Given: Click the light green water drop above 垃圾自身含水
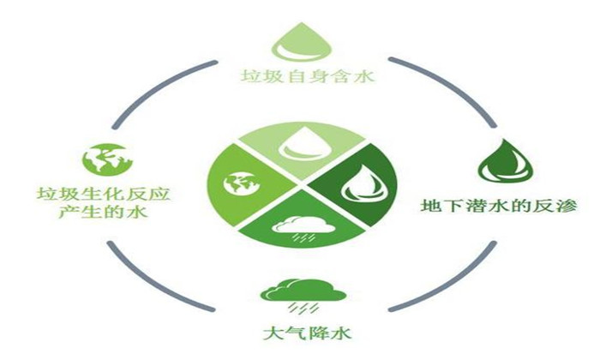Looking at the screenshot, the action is pos(301,42).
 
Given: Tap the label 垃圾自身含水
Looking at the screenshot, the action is pos(307,76).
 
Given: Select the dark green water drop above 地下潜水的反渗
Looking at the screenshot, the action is pos(505,160).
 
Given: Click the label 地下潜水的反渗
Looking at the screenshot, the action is pos(499,206).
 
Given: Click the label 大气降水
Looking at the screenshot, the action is pos(307,333).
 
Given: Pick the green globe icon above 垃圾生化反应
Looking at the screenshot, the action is pos(108,160).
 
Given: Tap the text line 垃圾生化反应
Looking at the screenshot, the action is pos(104,194).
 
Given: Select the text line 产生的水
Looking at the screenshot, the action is pos(104,212).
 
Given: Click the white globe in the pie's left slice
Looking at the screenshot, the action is pos(241,183).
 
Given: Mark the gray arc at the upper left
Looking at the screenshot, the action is pos(157,85).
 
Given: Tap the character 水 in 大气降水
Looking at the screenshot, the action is pos(341,333).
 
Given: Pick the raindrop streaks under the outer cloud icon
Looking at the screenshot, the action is pos(303,308).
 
